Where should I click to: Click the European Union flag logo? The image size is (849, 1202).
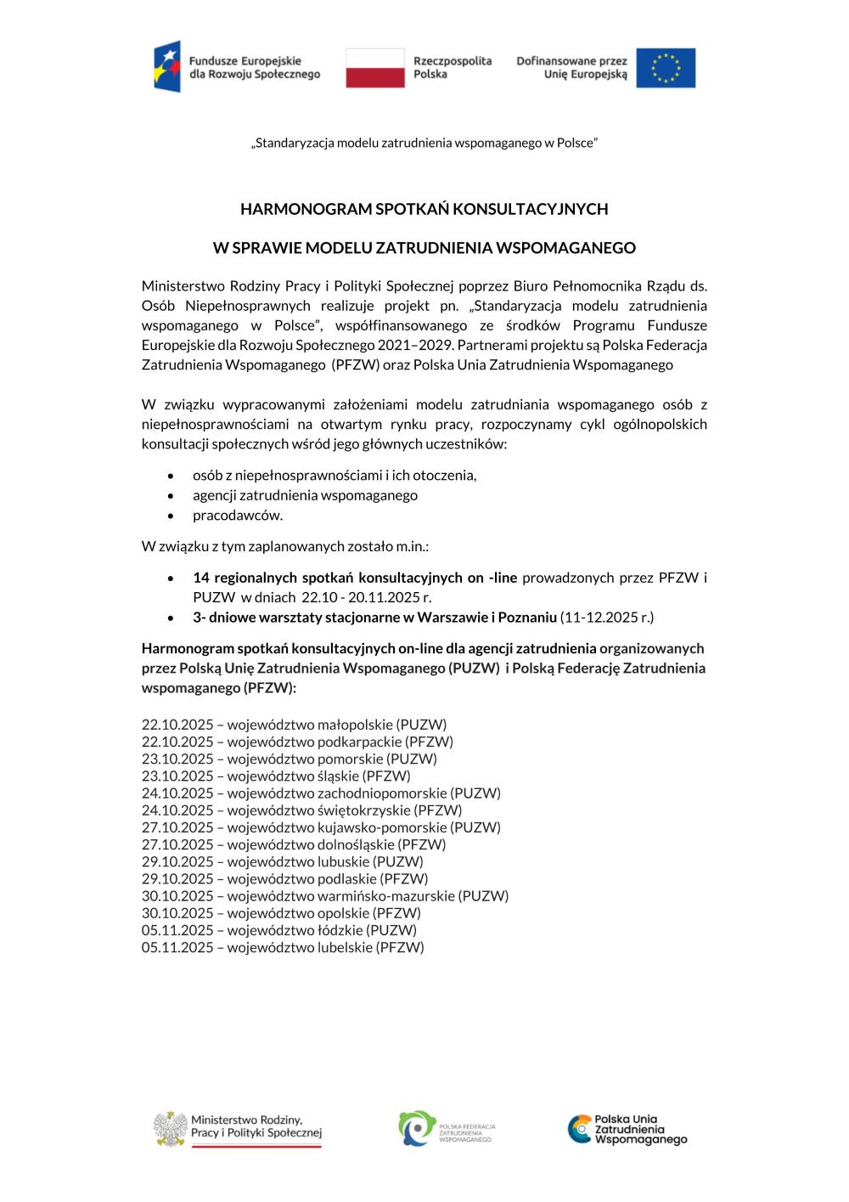666,68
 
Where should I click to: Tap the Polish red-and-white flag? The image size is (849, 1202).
375,68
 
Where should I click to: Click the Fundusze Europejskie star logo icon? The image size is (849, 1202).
167,67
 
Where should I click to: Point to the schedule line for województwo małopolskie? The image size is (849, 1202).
294,725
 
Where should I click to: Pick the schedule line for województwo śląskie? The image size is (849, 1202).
276,776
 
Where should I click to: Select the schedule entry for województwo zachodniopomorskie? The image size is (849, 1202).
321,793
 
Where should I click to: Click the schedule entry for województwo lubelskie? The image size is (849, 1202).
283,946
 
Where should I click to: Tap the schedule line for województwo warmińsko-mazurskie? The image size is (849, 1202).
325,895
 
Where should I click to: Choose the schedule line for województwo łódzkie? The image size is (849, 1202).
279,929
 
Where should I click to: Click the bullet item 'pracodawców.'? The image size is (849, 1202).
238,515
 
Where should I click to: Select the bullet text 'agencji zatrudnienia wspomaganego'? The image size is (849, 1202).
305,494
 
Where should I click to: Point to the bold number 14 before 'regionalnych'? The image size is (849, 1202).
200,578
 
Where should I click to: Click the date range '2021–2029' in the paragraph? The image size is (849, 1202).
424,345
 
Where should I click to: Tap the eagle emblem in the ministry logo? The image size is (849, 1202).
171,1129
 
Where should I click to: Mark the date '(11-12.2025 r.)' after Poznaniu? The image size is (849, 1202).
607,617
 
